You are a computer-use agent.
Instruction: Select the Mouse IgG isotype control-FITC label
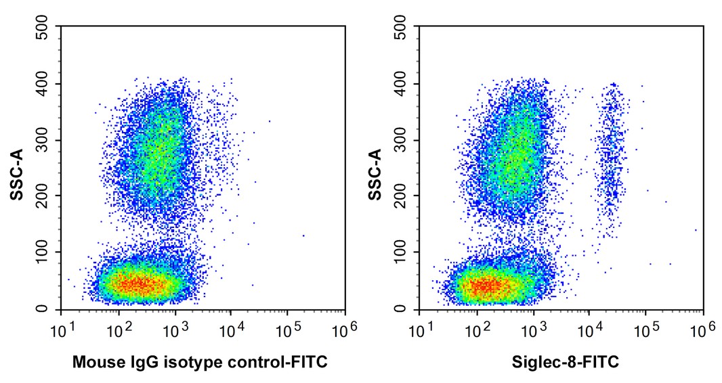pos(200,363)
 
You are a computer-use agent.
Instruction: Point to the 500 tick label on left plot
pos(44,27)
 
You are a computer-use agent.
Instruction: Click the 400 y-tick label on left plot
pos(44,84)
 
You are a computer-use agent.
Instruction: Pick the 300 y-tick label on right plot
pos(402,140)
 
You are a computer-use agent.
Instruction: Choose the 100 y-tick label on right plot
pos(402,252)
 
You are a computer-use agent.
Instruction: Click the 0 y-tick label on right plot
pos(402,309)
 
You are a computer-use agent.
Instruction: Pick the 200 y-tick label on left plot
pos(44,196)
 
